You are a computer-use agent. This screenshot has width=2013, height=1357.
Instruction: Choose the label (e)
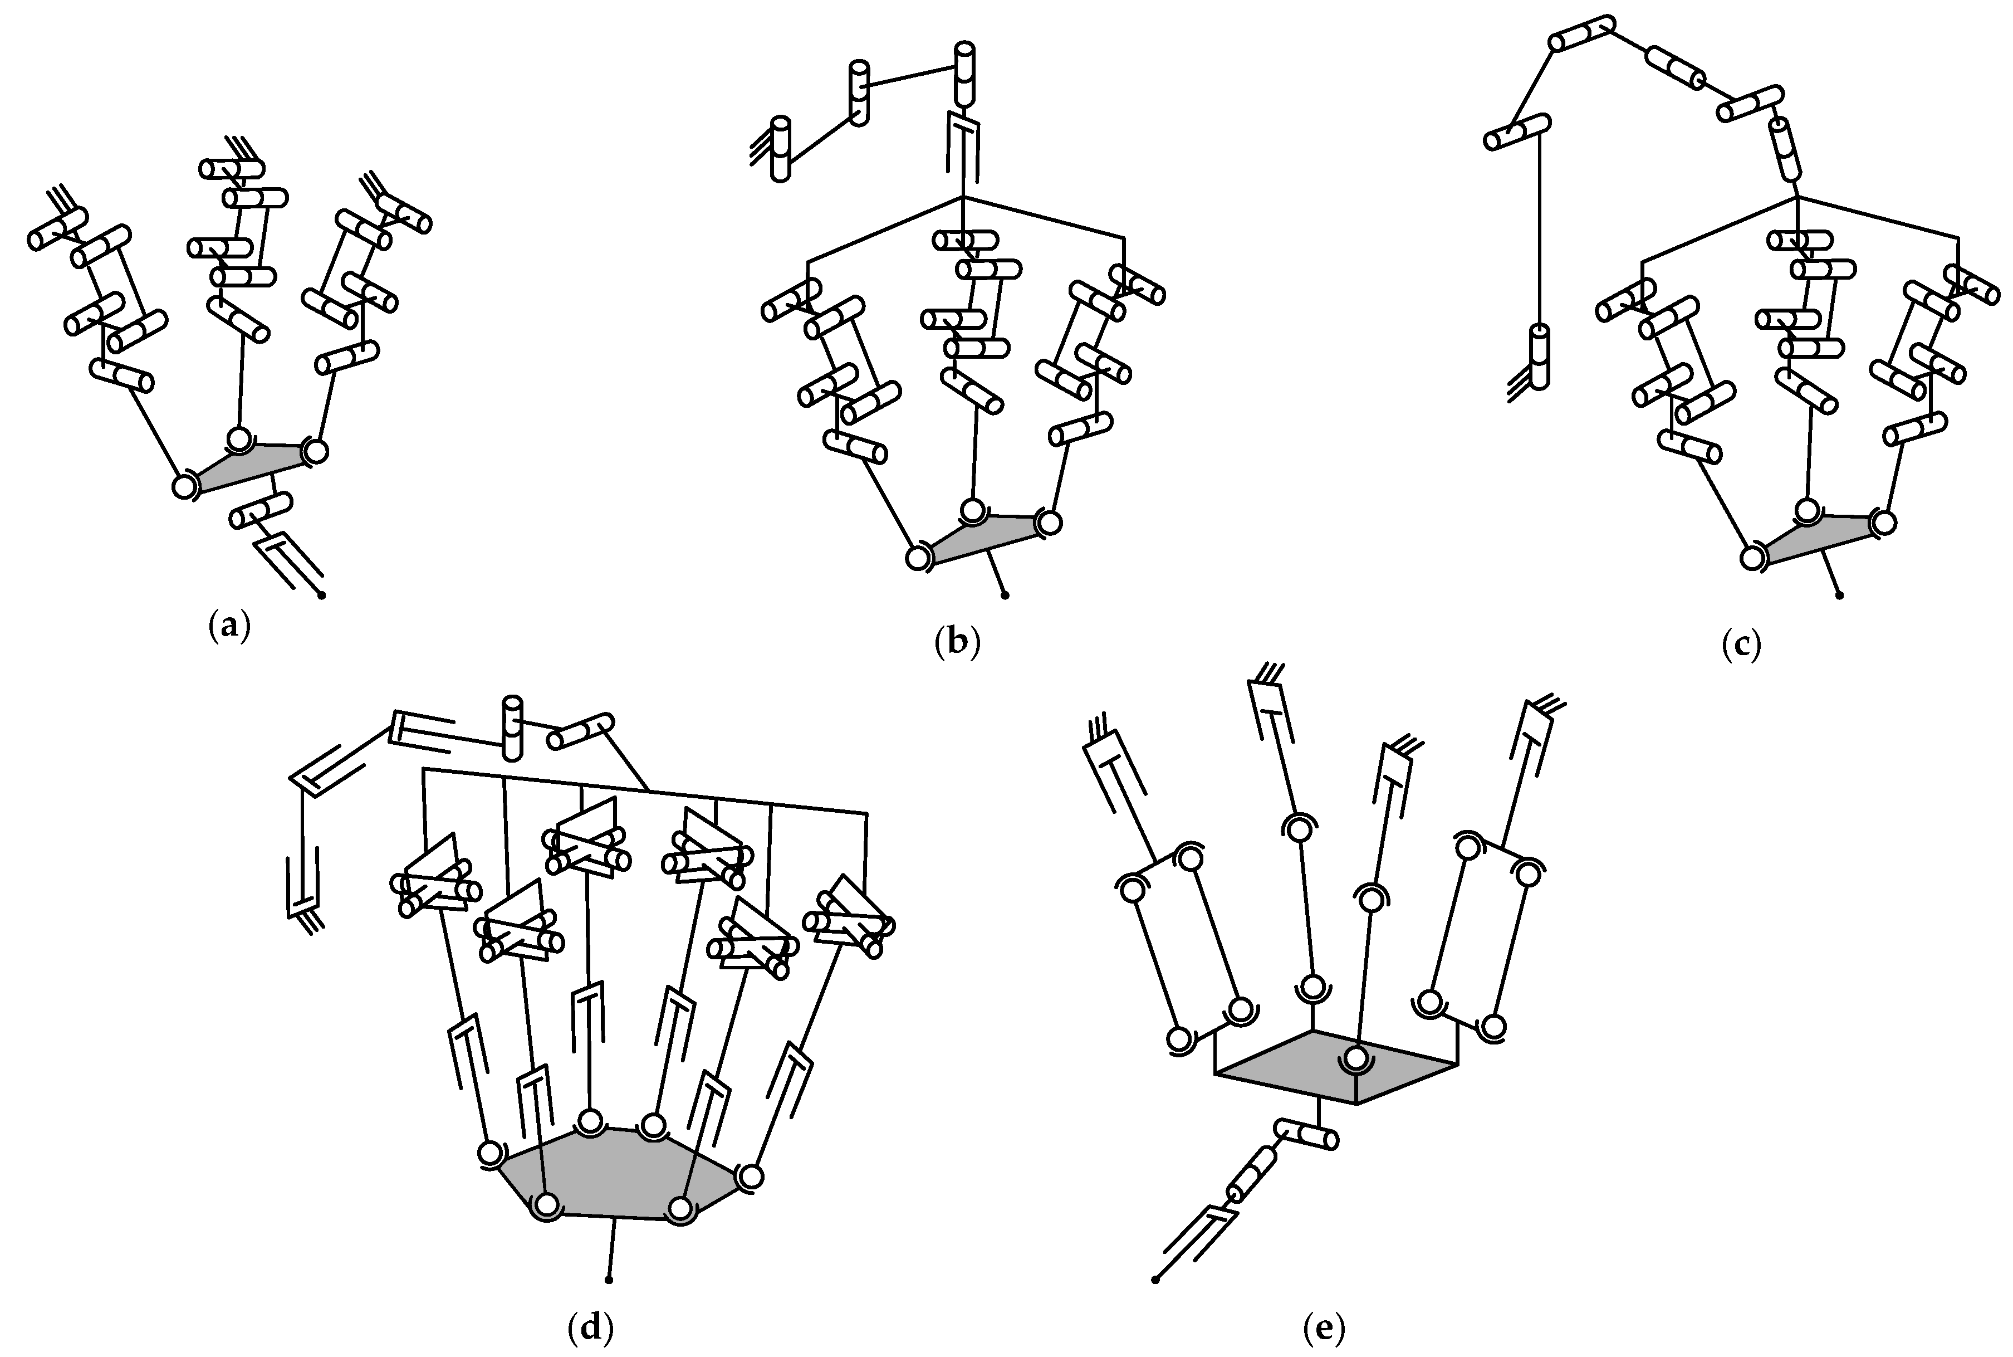pyautogui.click(x=1324, y=1325)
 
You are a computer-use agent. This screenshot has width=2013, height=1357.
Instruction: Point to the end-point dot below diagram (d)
pyautogui.click(x=609, y=1279)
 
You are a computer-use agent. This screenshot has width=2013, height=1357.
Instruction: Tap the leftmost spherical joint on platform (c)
pyautogui.click(x=1752, y=558)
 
